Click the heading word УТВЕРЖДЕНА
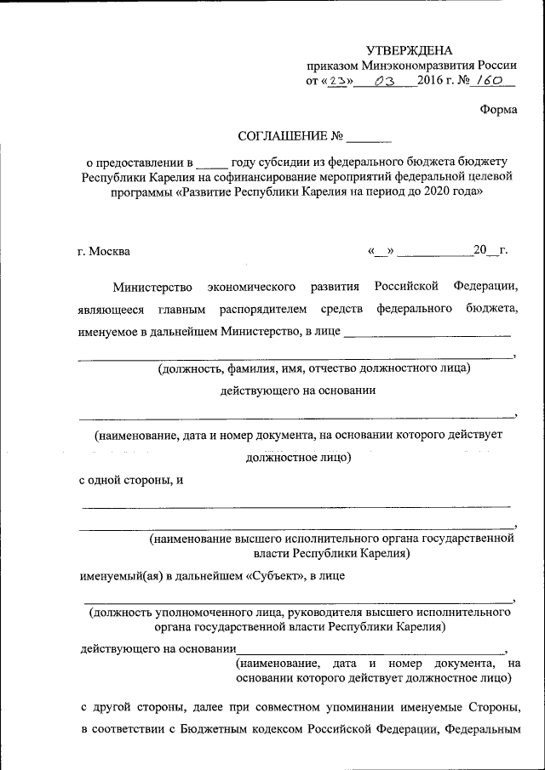410,50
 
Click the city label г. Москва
104,251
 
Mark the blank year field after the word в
217,161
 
